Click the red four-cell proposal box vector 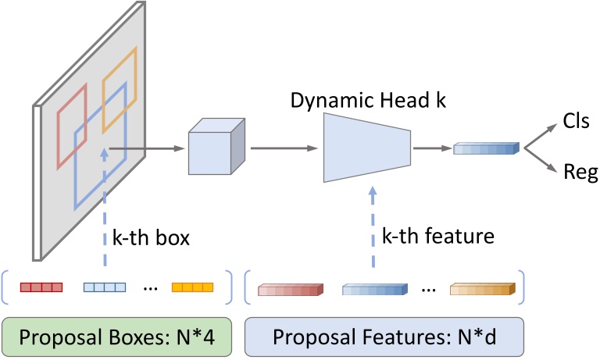point(41,287)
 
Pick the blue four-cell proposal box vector point(104,287)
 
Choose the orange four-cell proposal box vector point(192,287)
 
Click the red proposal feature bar point(290,291)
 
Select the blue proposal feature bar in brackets point(376,291)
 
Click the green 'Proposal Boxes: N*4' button point(120,338)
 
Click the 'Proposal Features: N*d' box point(384,338)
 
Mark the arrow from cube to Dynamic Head point(284,146)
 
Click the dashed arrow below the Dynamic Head point(373,226)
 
